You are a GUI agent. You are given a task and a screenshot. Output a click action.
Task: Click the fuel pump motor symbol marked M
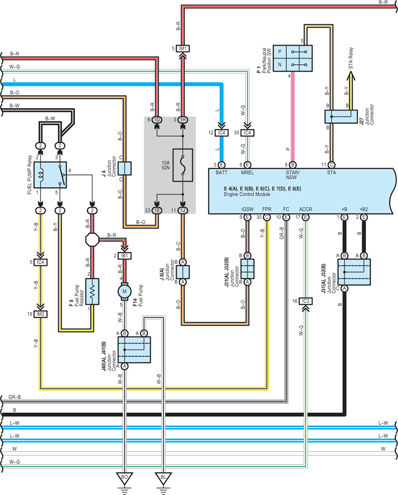(x=124, y=291)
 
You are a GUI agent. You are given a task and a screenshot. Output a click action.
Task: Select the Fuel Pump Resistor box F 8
(x=92, y=291)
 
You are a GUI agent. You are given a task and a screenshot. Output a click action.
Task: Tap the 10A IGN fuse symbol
(x=183, y=165)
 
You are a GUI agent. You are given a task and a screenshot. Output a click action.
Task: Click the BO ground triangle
(x=125, y=478)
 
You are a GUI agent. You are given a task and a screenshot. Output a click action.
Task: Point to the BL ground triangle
(x=163, y=478)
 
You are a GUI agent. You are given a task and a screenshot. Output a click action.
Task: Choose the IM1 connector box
(x=183, y=48)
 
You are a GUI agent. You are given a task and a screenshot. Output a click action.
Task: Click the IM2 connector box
(x=40, y=314)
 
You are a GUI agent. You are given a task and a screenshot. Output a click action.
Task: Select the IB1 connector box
(x=125, y=255)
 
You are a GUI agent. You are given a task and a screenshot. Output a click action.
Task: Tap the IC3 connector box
(x=305, y=301)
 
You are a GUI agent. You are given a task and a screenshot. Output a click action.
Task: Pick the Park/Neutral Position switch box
(x=292, y=58)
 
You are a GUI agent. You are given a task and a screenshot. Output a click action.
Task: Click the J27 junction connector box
(x=341, y=116)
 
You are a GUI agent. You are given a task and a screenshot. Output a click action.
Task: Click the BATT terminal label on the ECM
(x=221, y=173)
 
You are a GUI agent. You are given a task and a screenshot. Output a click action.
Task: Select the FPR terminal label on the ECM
(x=266, y=209)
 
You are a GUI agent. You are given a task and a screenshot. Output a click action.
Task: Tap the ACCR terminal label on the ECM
(x=305, y=209)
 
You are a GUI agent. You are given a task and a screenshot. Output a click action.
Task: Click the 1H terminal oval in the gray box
(x=183, y=120)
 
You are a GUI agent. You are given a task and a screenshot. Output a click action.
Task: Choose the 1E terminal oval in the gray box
(x=156, y=211)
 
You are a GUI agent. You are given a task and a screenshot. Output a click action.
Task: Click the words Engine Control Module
(x=247, y=195)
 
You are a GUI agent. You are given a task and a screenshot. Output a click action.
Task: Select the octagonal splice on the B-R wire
(x=92, y=240)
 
